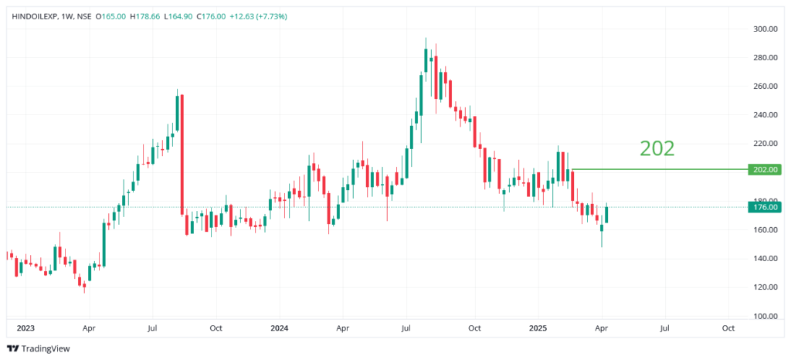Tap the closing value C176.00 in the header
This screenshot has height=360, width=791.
click(x=235, y=16)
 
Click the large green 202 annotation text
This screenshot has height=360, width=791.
click(x=657, y=148)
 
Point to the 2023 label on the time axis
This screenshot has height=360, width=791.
click(x=25, y=328)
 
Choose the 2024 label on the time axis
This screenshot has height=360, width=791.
click(x=280, y=328)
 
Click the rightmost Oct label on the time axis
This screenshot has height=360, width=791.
click(x=727, y=328)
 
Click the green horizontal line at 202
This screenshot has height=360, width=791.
click(x=657, y=169)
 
